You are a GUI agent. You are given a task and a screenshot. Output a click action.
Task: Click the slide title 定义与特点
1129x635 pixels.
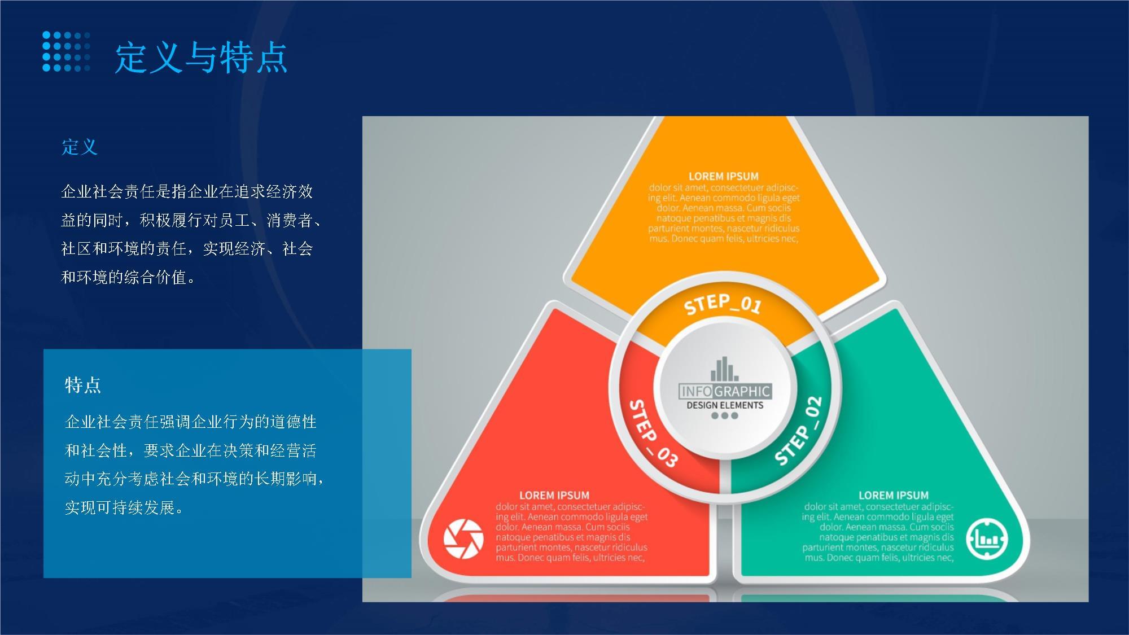click(x=202, y=58)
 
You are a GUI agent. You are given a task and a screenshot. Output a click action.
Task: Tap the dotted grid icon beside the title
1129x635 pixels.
click(x=66, y=51)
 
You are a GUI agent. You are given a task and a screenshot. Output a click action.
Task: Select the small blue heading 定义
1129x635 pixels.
click(x=80, y=147)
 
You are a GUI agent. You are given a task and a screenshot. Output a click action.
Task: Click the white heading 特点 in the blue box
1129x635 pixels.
click(x=83, y=385)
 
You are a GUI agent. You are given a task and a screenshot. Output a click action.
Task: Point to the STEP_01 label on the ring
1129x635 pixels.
click(x=723, y=304)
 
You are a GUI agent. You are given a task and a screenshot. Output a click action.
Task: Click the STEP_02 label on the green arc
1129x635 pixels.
click(x=799, y=431)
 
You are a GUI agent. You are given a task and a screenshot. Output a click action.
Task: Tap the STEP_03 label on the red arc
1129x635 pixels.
click(x=653, y=433)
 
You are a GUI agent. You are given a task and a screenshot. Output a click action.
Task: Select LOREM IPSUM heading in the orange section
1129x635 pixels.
click(x=724, y=176)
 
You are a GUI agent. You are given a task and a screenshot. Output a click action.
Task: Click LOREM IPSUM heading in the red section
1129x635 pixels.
click(x=554, y=495)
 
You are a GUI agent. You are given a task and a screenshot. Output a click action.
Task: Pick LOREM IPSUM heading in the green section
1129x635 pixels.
click(x=894, y=495)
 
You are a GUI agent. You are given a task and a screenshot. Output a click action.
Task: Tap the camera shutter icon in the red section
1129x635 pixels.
click(x=463, y=538)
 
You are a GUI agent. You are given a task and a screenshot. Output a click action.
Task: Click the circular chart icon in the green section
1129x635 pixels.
click(x=987, y=538)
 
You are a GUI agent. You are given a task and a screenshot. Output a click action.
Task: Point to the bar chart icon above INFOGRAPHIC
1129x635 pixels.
click(x=724, y=369)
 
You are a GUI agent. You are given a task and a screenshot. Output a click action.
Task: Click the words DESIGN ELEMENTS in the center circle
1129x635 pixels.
click(x=725, y=405)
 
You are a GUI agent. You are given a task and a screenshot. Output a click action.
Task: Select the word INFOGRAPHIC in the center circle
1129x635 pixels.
click(x=725, y=391)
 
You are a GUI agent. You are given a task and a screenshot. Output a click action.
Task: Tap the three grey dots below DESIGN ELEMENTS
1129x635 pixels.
click(x=725, y=416)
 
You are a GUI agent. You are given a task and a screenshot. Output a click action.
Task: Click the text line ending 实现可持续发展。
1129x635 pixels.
click(x=124, y=507)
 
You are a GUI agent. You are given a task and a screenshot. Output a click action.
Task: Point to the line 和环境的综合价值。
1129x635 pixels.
click(x=129, y=277)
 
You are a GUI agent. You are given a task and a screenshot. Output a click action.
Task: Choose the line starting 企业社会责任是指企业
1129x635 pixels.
click(x=187, y=192)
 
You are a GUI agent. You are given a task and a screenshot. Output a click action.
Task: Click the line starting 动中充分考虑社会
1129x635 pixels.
click(x=195, y=479)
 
